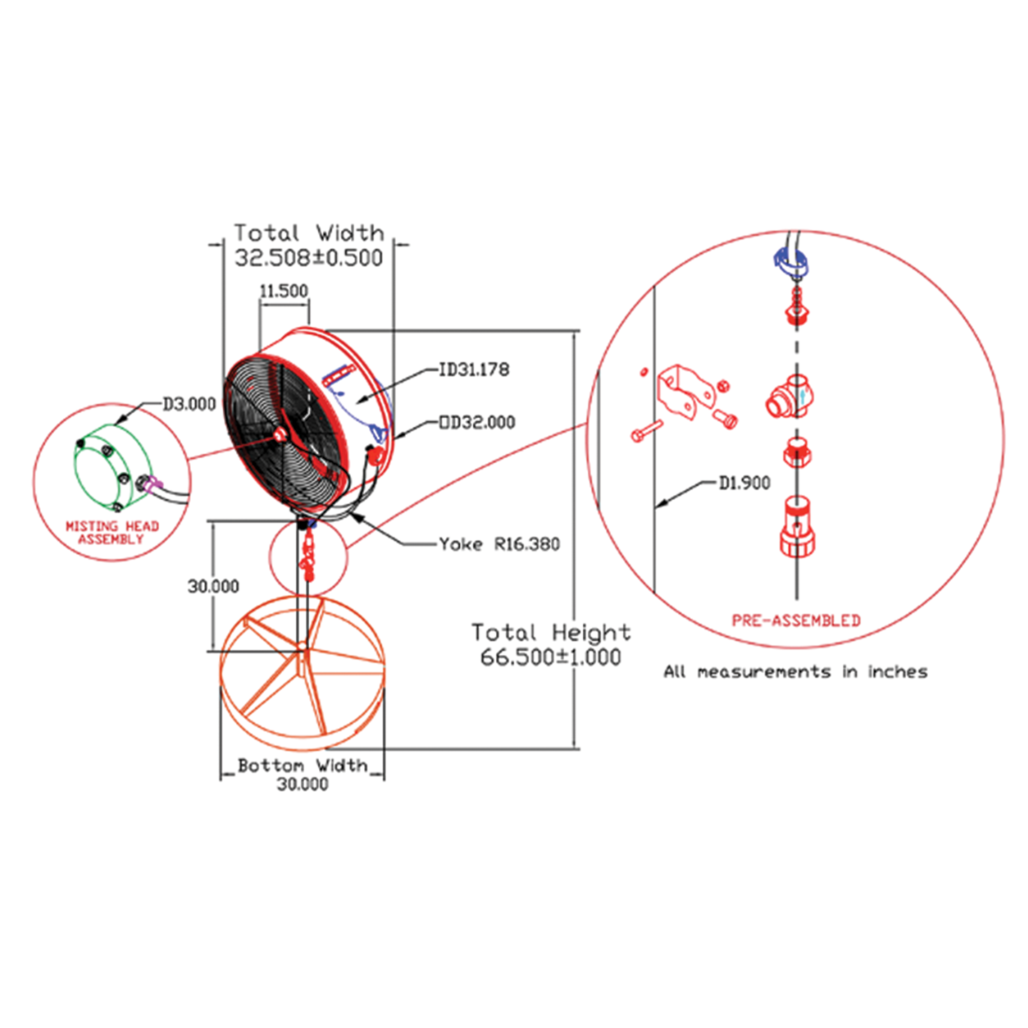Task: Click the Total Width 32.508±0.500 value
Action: [309, 258]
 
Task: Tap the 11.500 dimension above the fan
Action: [284, 291]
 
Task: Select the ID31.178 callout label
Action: [473, 369]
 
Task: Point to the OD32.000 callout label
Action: [477, 423]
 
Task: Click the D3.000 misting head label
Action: [189, 405]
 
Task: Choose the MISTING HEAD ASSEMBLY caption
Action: [112, 533]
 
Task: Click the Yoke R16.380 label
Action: [499, 544]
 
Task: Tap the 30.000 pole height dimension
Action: [213, 586]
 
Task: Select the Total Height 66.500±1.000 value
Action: [550, 657]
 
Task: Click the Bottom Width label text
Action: [302, 765]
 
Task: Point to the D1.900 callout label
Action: [744, 483]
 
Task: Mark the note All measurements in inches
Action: [796, 672]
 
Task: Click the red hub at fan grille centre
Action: [279, 435]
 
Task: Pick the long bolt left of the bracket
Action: [646, 431]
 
